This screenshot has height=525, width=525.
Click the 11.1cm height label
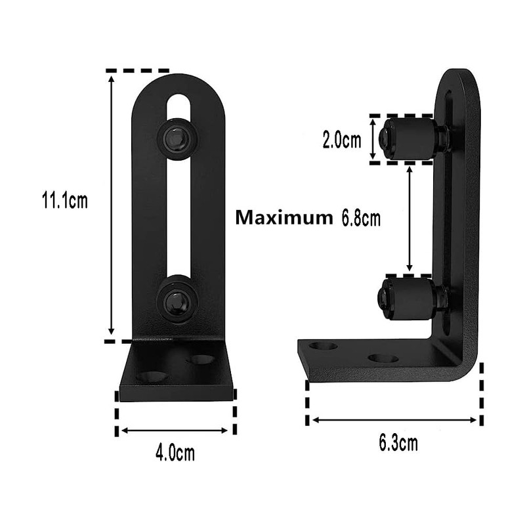pos(64,200)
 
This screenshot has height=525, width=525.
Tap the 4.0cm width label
pos(175,452)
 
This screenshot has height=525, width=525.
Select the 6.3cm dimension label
pos(398,443)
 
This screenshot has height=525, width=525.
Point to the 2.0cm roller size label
pos(341,140)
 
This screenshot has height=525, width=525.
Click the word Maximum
pos(284,218)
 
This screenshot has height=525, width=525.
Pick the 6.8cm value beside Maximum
pos(360,218)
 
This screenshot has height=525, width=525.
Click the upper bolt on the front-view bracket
pos(178,138)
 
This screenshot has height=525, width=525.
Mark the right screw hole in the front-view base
pos(201,360)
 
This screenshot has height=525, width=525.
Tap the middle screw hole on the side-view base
pos(383,358)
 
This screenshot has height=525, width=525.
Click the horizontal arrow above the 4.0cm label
pos(175,430)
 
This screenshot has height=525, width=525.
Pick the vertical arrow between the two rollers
pos(409,219)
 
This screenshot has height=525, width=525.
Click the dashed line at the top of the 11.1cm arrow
pos(137,70)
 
